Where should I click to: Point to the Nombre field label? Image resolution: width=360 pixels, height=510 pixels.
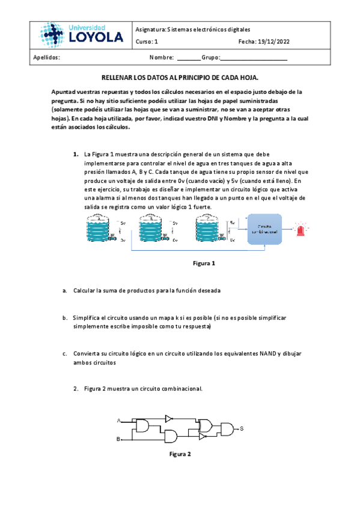click(161, 58)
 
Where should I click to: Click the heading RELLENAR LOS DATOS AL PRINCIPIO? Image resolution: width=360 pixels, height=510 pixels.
click(180, 78)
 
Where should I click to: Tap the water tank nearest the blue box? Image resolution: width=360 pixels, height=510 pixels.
click(211, 229)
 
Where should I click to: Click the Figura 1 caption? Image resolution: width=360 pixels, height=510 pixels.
click(204, 263)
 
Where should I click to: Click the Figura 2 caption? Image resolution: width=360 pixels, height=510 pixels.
click(180, 454)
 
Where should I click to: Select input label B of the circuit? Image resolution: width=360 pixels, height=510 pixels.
click(118, 439)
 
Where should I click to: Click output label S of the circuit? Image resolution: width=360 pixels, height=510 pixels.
click(242, 428)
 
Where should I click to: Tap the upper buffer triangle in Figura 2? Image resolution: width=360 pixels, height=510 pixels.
click(169, 417)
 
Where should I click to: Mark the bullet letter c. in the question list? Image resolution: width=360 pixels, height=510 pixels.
click(65, 354)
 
